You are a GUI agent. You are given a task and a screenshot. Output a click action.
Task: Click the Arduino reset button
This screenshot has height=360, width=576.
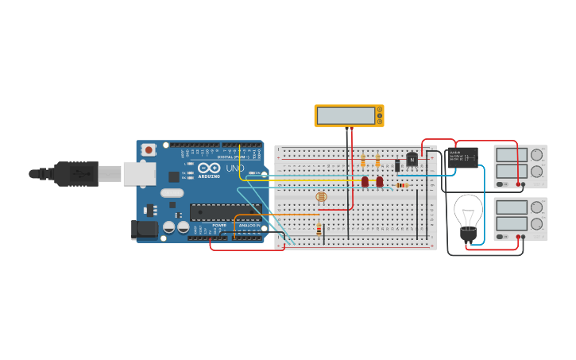pyautogui.click(x=149, y=149)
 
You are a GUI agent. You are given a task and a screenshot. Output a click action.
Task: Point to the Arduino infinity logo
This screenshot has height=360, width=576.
pyautogui.click(x=208, y=168)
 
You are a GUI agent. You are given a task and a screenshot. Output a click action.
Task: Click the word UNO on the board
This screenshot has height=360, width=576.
pyautogui.click(x=235, y=168)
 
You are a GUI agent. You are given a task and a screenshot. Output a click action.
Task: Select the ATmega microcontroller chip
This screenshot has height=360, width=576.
pyautogui.click(x=225, y=212)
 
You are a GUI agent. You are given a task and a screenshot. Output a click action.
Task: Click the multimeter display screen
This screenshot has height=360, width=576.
pyautogui.click(x=346, y=116)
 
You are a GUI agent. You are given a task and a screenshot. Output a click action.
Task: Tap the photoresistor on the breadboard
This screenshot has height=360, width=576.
pyautogui.click(x=321, y=196)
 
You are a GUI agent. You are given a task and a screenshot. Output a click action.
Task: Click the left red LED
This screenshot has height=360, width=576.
pyautogui.click(x=365, y=181)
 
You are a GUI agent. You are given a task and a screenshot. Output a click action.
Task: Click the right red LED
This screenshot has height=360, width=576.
pyautogui.click(x=380, y=181)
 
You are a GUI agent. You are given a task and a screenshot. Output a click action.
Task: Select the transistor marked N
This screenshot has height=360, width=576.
pyautogui.click(x=412, y=160)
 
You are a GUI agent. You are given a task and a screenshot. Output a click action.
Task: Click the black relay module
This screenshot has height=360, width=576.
pyautogui.click(x=462, y=157)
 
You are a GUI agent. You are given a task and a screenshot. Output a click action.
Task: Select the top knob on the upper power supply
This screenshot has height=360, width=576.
pyautogui.click(x=537, y=155)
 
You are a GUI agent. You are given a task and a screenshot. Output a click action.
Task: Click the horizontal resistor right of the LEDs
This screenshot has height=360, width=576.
pyautogui.click(x=401, y=186)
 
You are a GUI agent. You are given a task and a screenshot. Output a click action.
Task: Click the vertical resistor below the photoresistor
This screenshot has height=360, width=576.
pyautogui.click(x=319, y=230)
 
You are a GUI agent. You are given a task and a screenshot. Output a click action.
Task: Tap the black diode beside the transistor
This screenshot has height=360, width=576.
pyautogui.click(x=396, y=165)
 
